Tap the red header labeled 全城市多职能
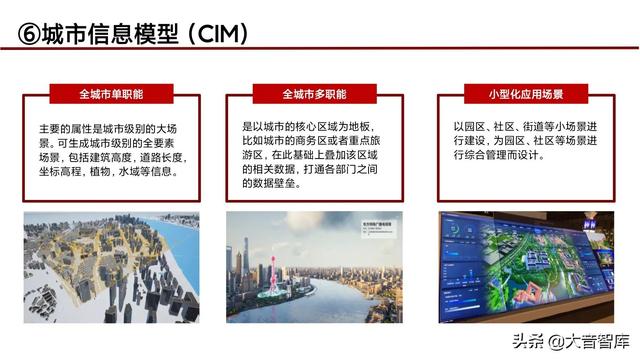click(x=314, y=94)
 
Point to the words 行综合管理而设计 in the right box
click(x=500, y=156)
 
